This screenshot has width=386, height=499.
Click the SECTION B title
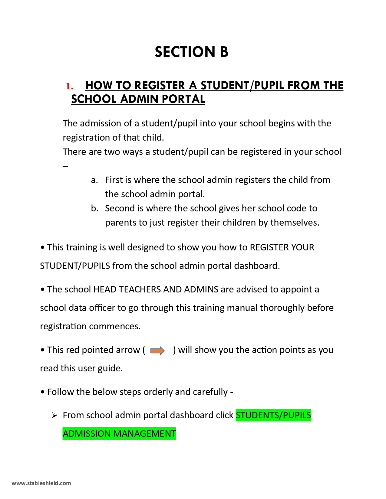pyautogui.click(x=191, y=52)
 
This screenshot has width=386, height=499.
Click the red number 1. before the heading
pyautogui.click(x=70, y=86)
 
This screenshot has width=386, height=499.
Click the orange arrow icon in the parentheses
pyautogui.click(x=157, y=351)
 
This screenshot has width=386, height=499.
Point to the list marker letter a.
pyautogui.click(x=94, y=180)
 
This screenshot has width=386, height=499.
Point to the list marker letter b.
pyautogui.click(x=94, y=208)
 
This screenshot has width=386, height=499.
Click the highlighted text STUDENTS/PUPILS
pyautogui.click(x=273, y=415)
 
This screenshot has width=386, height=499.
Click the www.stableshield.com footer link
pyautogui.click(x=41, y=483)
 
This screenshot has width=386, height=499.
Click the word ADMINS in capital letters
pyautogui.click(x=201, y=289)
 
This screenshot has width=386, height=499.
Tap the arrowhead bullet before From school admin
pyautogui.click(x=54, y=416)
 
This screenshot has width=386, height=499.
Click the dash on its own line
pyautogui.click(x=65, y=166)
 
